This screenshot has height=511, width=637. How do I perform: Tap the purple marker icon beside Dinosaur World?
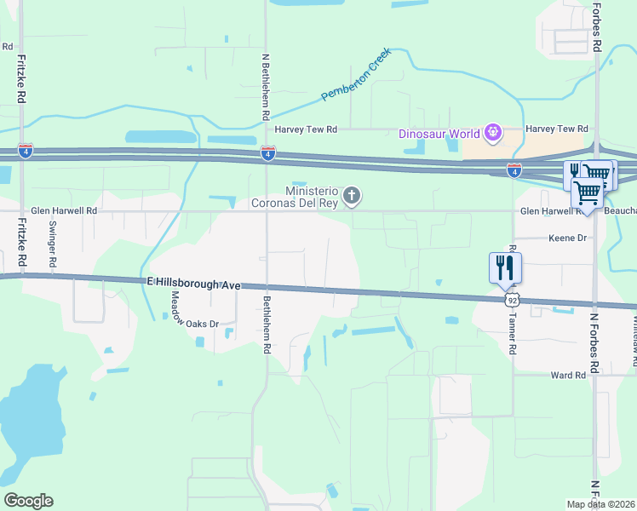click(x=491, y=133)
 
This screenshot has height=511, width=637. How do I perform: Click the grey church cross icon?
click(x=351, y=198)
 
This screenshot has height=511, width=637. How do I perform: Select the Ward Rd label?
click(x=569, y=375)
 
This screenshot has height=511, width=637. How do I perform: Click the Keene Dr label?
click(x=569, y=239)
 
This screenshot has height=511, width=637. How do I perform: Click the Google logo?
click(x=28, y=501)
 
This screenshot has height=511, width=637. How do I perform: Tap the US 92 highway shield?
click(x=512, y=300)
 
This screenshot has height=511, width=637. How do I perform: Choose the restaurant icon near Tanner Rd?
click(x=505, y=267)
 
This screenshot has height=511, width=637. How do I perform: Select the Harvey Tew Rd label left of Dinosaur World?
click(x=307, y=129)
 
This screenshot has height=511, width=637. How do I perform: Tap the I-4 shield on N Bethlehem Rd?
click(x=267, y=153)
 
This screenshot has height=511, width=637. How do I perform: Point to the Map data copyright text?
click(x=600, y=504)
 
